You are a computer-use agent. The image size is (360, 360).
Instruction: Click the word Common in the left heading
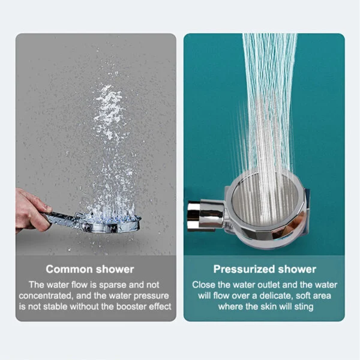click(68, 269)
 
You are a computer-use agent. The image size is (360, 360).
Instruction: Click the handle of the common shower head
click(63, 218)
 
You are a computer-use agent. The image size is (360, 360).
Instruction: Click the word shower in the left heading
click(114, 269)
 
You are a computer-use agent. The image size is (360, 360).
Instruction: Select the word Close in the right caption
click(203, 284)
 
